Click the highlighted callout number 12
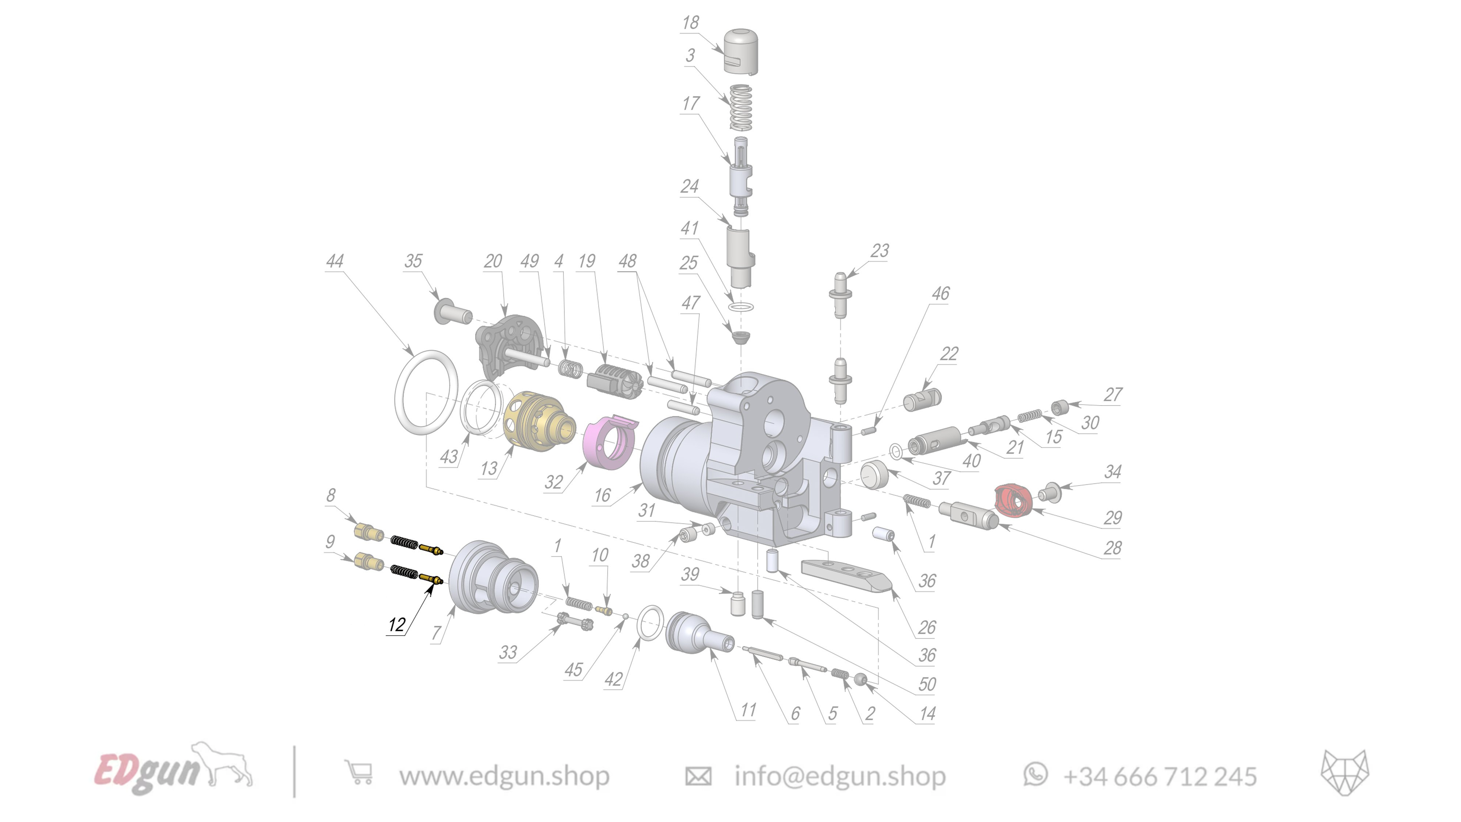click(x=396, y=625)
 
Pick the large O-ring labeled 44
click(x=426, y=393)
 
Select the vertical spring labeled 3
click(x=741, y=107)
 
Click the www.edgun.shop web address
click(x=504, y=776)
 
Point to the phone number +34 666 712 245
click(x=1159, y=776)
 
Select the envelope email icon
click(x=698, y=776)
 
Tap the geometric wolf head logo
click(x=1344, y=773)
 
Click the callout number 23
click(x=880, y=251)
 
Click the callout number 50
click(x=927, y=684)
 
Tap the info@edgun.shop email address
click(x=839, y=776)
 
